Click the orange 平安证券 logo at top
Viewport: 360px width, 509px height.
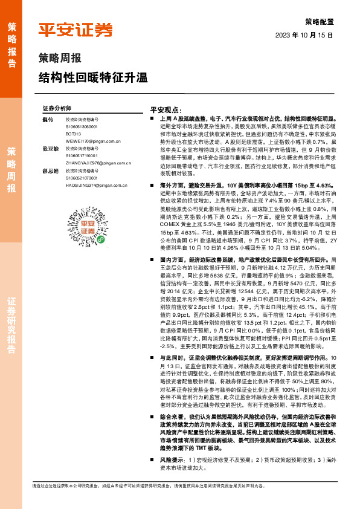[76, 30]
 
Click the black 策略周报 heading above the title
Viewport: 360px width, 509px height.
[59, 59]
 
